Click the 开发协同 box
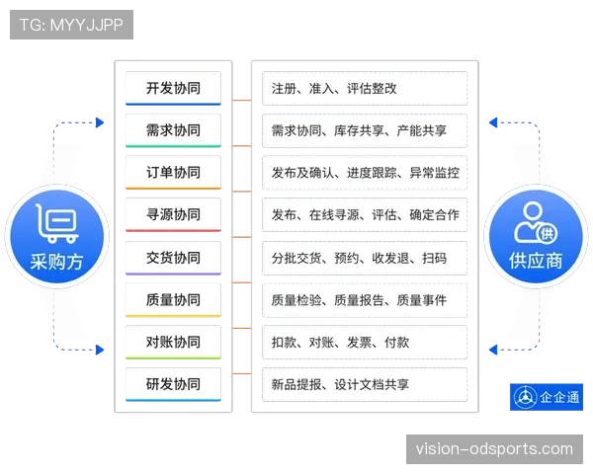(173, 89)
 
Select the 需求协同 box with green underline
(173, 130)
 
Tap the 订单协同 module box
(173, 173)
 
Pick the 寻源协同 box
(173, 214)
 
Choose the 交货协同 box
(173, 258)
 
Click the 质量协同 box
(173, 300)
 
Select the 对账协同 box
(173, 342)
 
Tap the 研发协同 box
(173, 384)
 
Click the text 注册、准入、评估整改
(334, 89)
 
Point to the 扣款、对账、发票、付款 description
(340, 343)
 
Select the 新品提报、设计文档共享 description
(340, 385)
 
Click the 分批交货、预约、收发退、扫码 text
(360, 258)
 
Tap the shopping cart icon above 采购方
(57, 223)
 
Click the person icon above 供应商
(536, 222)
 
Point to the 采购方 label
(56, 262)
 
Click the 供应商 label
(536, 261)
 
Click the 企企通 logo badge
(547, 397)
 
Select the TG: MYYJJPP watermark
(71, 25)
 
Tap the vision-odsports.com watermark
(494, 449)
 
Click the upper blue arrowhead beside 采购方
(100, 122)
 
